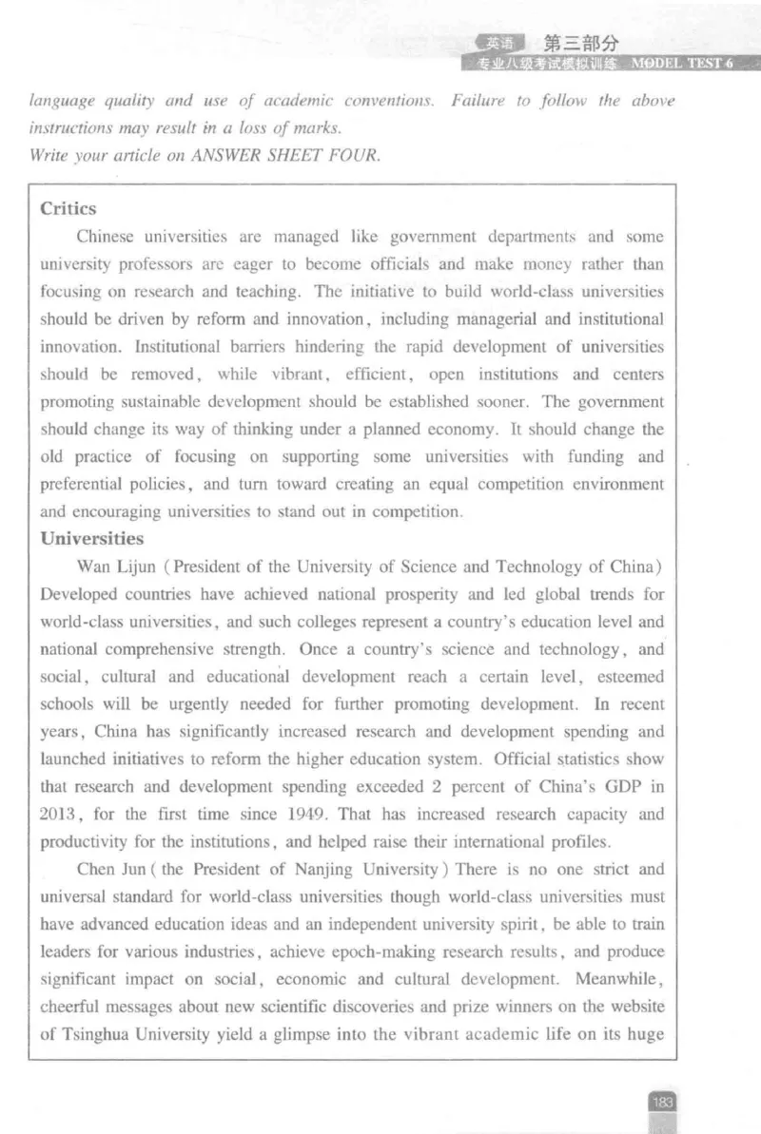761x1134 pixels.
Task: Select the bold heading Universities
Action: (92, 539)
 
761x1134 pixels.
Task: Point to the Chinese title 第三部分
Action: (580, 43)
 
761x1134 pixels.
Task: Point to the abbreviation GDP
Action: (628, 787)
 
